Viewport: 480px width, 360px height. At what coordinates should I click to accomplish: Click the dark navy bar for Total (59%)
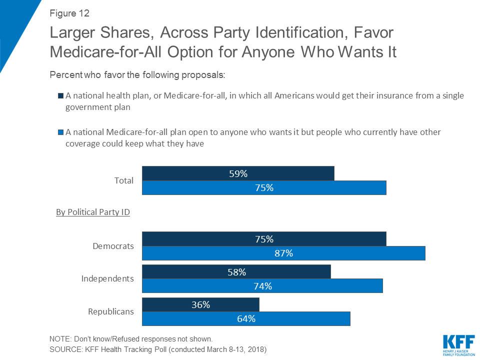(238, 173)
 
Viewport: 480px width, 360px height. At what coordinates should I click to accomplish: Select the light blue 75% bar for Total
(264, 187)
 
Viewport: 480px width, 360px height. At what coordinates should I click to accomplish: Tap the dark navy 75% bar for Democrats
(264, 239)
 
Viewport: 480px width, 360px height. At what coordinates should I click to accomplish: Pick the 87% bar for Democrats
(283, 253)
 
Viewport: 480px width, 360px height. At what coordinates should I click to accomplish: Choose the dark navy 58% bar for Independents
(236, 272)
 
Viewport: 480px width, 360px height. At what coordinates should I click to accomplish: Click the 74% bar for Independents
(262, 286)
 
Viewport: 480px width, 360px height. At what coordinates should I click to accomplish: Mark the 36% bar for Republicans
(200, 304)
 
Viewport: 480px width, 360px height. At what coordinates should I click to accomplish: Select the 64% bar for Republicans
(246, 318)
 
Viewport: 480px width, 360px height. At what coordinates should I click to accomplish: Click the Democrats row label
(113, 246)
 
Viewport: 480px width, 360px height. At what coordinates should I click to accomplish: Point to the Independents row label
(107, 278)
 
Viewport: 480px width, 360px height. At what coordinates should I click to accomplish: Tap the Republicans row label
(111, 311)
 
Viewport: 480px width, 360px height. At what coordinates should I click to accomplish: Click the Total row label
(124, 180)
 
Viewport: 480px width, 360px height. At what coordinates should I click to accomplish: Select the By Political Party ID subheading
(93, 212)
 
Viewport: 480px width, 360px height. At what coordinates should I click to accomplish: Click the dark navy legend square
(60, 95)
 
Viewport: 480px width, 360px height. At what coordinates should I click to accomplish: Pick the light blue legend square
(60, 132)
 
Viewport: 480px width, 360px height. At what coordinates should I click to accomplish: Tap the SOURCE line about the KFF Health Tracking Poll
(158, 349)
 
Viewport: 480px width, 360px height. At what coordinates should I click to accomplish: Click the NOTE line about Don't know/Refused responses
(131, 338)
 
